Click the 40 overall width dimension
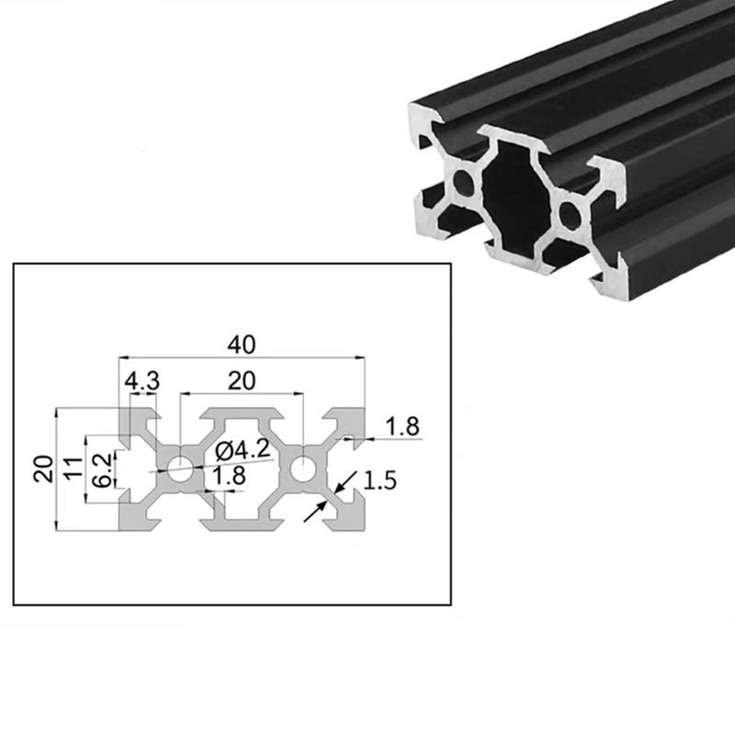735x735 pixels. click(x=241, y=345)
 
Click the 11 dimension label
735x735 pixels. click(x=71, y=469)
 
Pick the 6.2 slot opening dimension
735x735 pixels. click(x=104, y=469)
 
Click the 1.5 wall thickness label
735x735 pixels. click(x=380, y=481)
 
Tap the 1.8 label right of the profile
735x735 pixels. click(x=402, y=426)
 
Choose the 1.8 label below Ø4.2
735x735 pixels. click(x=228, y=476)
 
